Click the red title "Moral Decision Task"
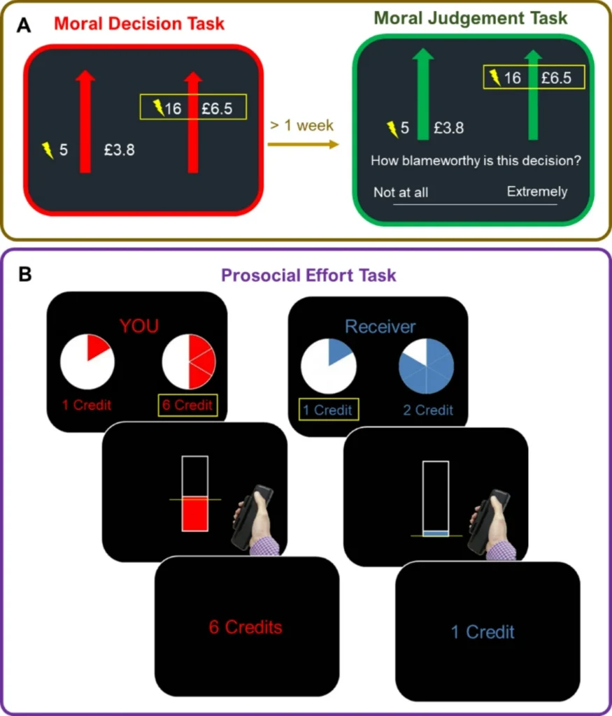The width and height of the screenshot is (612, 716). [x=139, y=23]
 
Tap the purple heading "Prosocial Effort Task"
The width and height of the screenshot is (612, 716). [x=308, y=275]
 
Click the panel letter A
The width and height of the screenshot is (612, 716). [x=24, y=26]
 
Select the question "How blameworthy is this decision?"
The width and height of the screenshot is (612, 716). [x=476, y=161]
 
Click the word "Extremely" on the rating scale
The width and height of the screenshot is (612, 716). [x=537, y=192]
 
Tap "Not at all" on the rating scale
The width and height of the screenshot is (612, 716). [x=401, y=192]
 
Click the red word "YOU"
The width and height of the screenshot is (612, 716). [x=138, y=326]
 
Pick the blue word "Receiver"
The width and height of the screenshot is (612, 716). [x=380, y=327]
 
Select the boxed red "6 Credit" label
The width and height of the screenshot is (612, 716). [x=188, y=406]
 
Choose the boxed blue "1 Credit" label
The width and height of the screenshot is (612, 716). [x=329, y=410]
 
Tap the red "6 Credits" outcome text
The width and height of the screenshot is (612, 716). [x=245, y=627]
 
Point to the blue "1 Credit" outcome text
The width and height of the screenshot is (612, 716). [x=483, y=632]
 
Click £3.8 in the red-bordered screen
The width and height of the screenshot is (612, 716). [x=120, y=149]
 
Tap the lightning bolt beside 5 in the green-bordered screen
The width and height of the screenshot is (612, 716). [x=393, y=128]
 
